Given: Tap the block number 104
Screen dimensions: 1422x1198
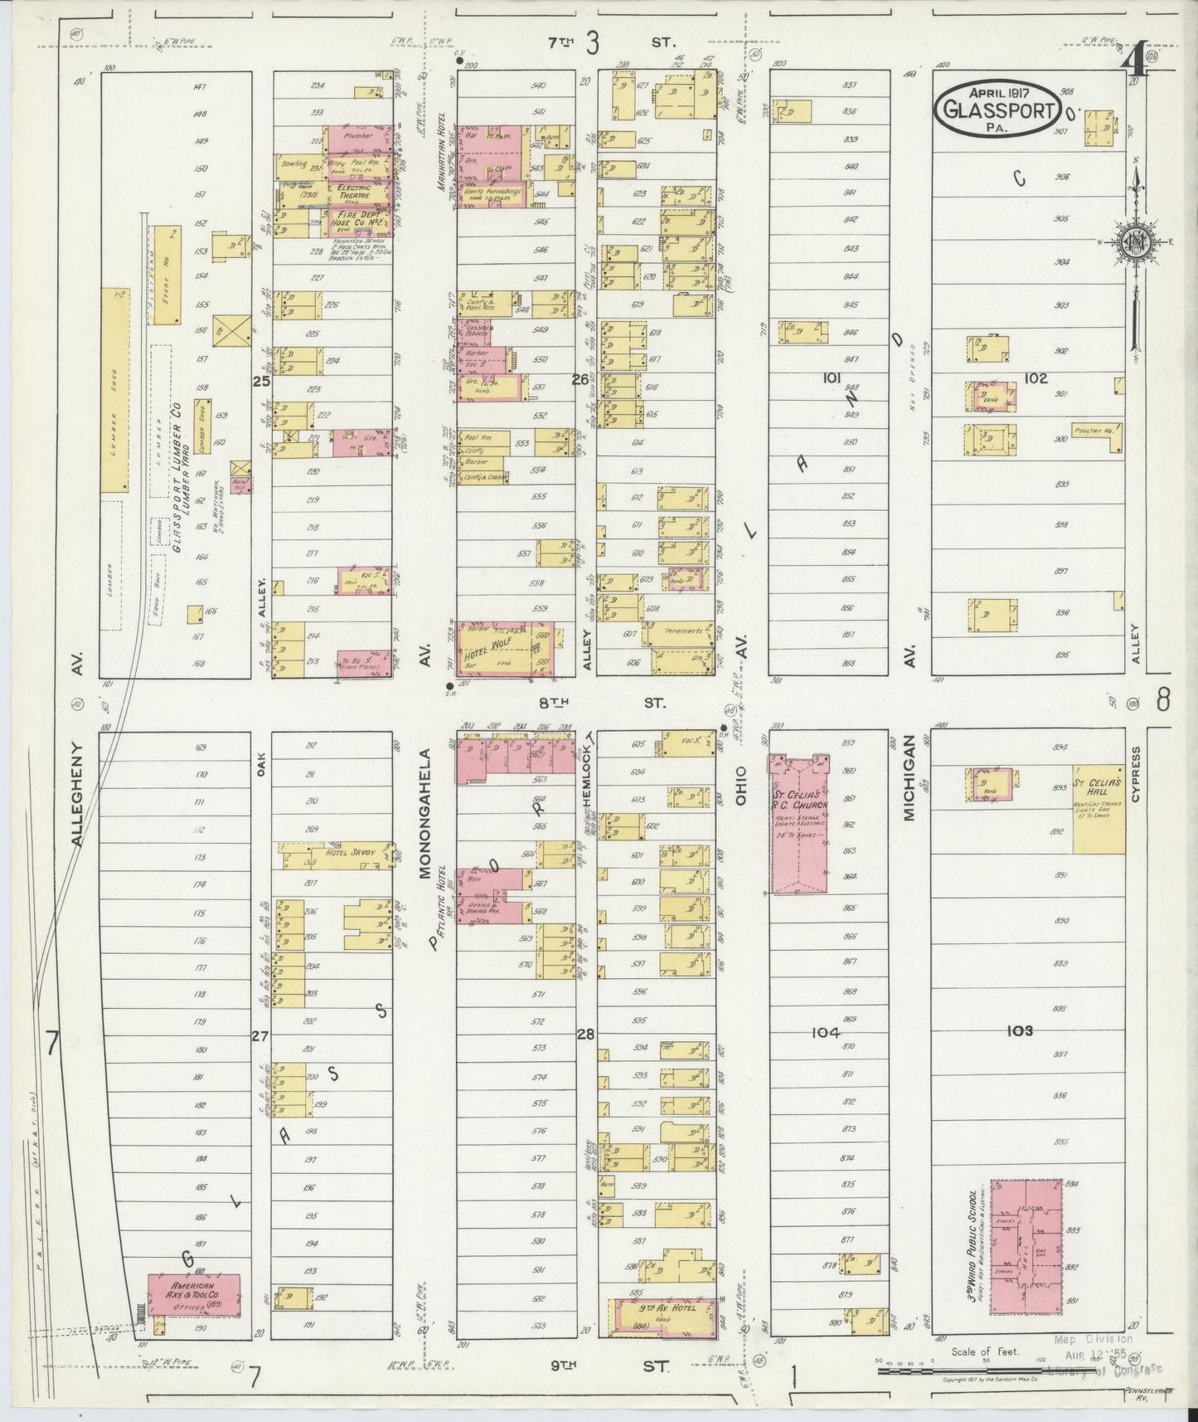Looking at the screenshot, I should [826, 1033].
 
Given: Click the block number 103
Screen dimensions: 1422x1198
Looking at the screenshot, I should [1019, 1031].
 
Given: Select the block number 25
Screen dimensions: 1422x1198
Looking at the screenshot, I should [261, 382].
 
